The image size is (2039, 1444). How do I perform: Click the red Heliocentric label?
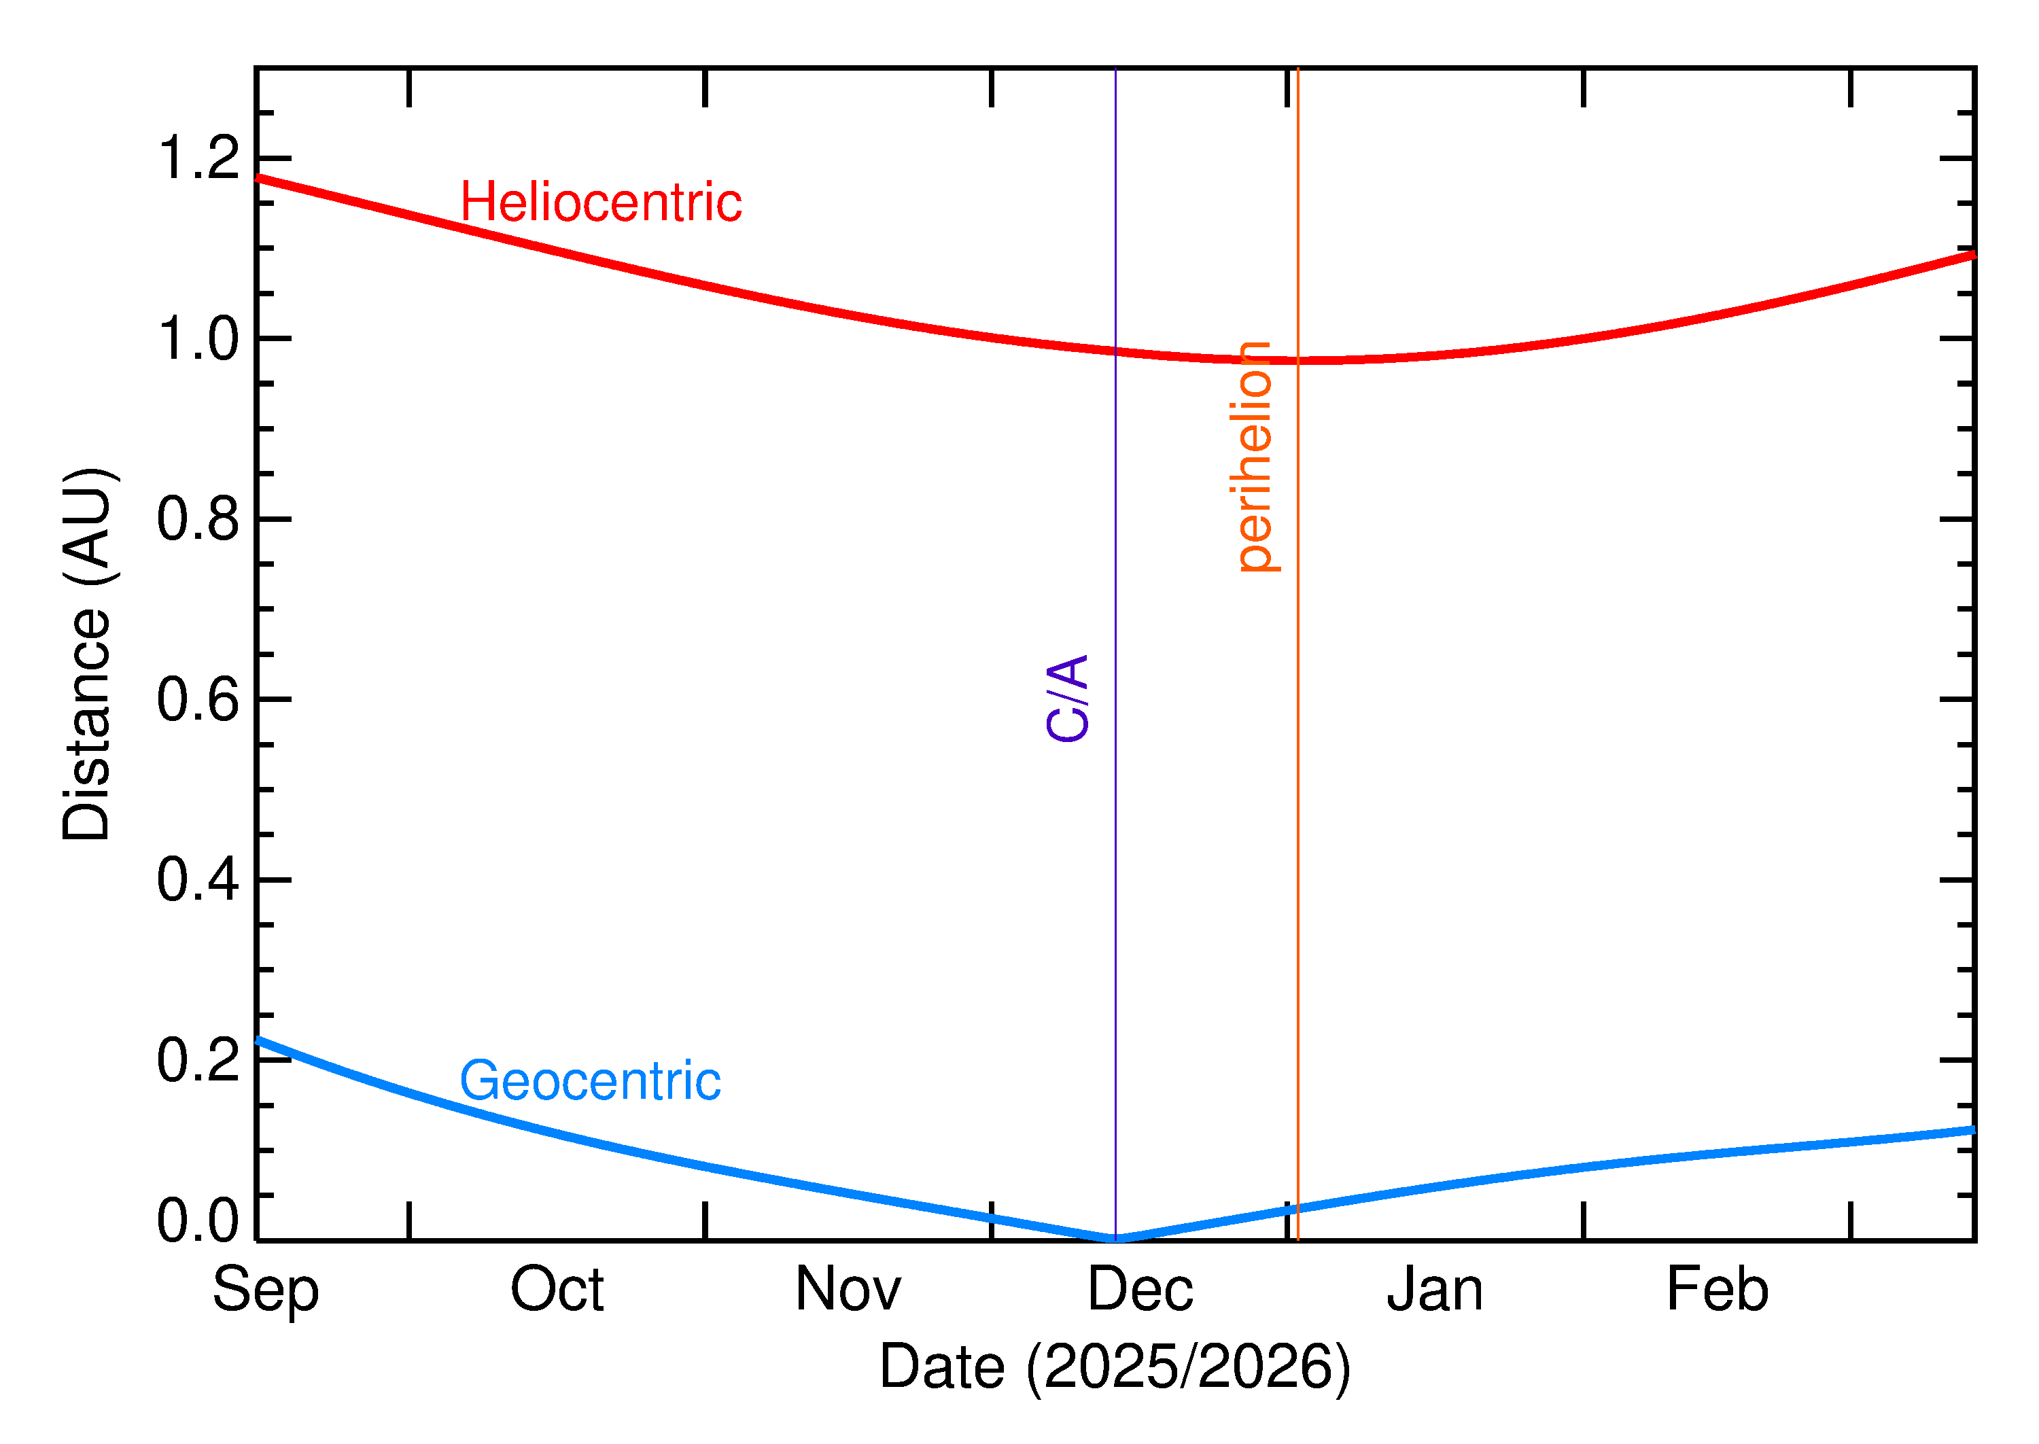[x=600, y=202]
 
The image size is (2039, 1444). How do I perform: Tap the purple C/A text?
[x=1068, y=698]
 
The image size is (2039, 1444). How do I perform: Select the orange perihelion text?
[x=1254, y=456]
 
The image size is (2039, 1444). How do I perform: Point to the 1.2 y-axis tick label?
[x=198, y=158]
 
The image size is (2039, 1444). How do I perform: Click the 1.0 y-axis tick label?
[x=198, y=339]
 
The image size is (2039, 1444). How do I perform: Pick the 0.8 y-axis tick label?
[x=198, y=519]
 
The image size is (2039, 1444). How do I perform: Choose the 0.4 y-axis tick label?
[x=198, y=879]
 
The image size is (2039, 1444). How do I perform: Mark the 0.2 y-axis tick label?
[x=198, y=1060]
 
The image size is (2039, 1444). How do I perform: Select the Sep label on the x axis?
[x=265, y=1292]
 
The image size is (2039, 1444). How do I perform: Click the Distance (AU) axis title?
[x=87, y=654]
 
